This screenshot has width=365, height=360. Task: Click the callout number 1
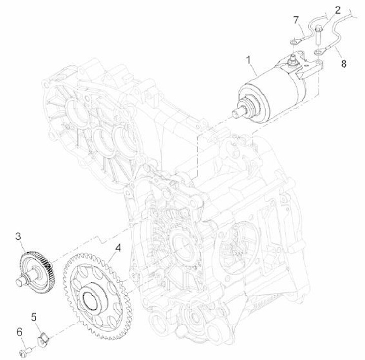(x=249, y=60)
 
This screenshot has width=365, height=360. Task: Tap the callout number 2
(x=338, y=10)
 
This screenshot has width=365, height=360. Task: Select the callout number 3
(x=18, y=236)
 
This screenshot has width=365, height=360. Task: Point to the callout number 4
(x=118, y=248)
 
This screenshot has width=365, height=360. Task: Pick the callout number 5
(x=34, y=317)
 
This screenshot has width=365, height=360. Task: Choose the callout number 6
(x=19, y=332)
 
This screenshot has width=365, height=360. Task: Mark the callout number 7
(x=296, y=20)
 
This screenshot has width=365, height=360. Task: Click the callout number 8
(x=344, y=63)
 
